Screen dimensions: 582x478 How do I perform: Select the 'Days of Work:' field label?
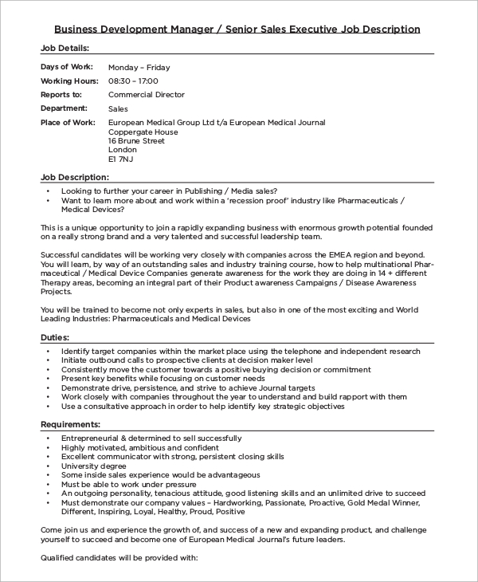coord(66,67)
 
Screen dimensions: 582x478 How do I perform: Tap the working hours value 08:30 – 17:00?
coord(133,81)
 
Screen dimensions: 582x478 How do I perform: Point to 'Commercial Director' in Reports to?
coord(146,94)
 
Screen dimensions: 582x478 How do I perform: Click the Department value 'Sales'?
coord(118,108)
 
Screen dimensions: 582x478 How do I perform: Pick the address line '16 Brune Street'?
coord(136,140)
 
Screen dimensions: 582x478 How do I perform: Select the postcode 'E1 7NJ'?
coord(121,159)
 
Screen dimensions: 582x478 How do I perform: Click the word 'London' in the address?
coord(123,149)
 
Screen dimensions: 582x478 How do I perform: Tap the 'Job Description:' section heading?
coord(74,177)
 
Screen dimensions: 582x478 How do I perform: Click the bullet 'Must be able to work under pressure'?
coord(127,484)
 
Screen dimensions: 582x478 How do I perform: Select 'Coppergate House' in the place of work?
coord(143,131)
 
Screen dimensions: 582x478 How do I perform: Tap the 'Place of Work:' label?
coord(68,122)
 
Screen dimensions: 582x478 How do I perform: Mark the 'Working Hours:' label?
coord(69,81)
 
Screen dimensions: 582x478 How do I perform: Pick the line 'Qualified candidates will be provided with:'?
coord(119,557)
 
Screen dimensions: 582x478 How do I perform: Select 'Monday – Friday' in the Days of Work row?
coord(139,67)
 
